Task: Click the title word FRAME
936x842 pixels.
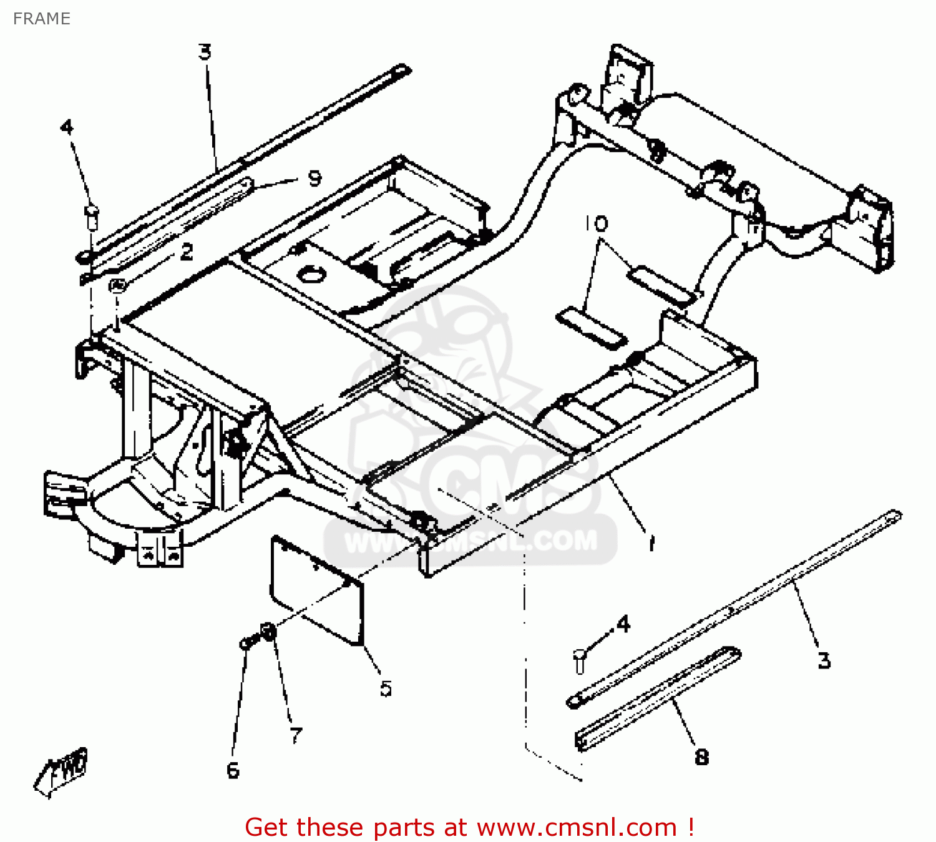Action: (41, 19)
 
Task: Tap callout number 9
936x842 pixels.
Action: (315, 179)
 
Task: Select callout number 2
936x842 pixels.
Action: (187, 252)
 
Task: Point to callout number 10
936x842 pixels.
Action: (596, 223)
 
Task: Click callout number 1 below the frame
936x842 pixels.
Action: (651, 543)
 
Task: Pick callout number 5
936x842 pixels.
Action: (386, 688)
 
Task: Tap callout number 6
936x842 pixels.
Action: (233, 770)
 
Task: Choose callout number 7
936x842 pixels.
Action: (296, 735)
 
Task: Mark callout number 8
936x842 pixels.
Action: (701, 757)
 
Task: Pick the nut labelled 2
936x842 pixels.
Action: (117, 285)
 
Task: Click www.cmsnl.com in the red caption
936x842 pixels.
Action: (577, 828)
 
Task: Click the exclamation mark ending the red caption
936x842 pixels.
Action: (691, 828)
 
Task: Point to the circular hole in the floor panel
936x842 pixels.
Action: (311, 273)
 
